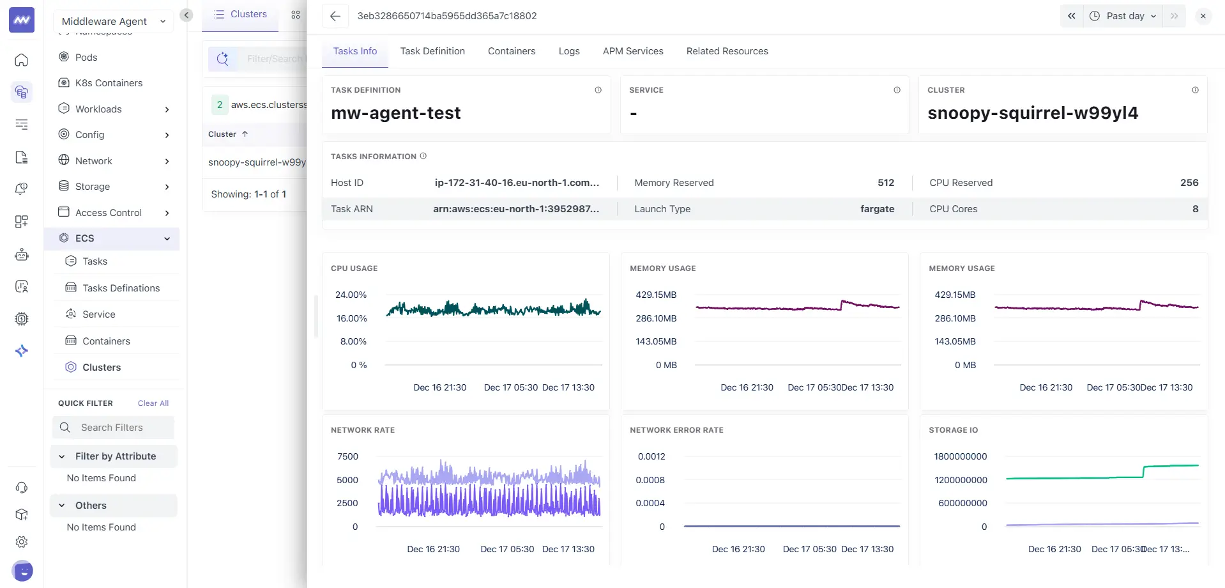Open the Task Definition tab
click(432, 51)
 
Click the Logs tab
click(568, 51)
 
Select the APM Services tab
click(632, 51)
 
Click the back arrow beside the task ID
click(335, 16)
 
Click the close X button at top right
click(1203, 16)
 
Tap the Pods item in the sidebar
click(86, 57)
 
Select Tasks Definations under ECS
click(121, 288)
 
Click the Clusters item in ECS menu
click(102, 367)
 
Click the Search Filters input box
click(113, 428)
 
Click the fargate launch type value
click(877, 209)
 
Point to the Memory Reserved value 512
click(885, 183)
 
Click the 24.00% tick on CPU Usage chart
click(351, 295)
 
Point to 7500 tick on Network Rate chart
click(347, 456)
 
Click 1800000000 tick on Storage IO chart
click(960, 456)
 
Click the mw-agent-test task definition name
click(395, 113)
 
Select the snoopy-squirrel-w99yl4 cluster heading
click(1032, 113)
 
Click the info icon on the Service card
click(897, 90)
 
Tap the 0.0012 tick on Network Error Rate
click(651, 456)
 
